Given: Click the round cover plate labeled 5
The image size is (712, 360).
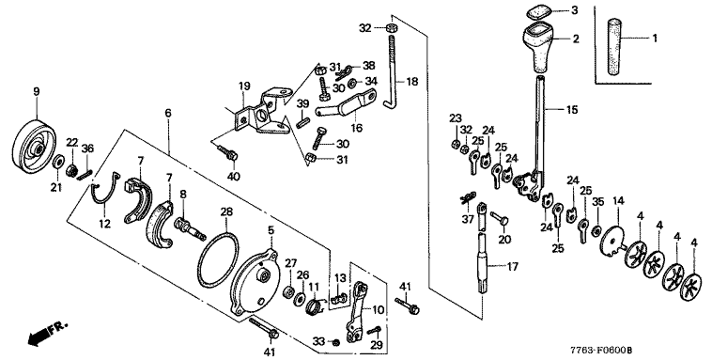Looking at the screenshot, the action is (x=254, y=281).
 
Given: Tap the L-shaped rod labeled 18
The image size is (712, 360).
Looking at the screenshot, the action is (x=393, y=72).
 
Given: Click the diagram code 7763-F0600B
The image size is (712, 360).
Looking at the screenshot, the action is (x=602, y=351).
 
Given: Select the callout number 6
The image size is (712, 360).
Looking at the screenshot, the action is (x=168, y=112).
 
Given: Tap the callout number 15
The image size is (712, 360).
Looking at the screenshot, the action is (x=572, y=110).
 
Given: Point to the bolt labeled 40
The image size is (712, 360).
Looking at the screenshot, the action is (x=226, y=152).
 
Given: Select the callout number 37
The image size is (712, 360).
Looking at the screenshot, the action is (x=467, y=220).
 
